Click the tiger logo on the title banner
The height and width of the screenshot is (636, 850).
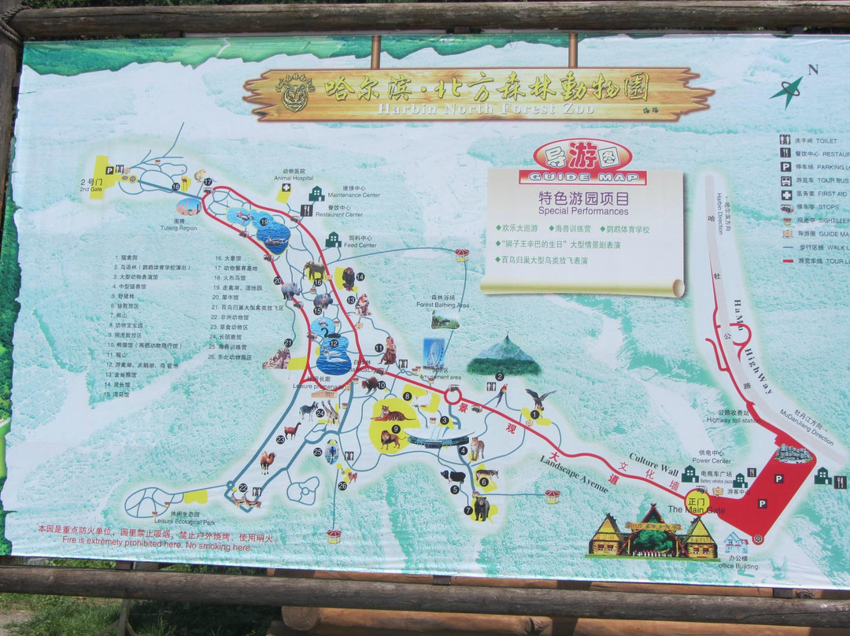[x=295, y=94]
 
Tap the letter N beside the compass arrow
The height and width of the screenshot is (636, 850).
[x=813, y=69]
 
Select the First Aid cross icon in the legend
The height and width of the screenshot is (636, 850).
[x=785, y=194]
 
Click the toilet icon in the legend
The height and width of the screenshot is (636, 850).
[x=785, y=140]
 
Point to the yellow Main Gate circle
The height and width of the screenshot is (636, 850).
[x=697, y=501]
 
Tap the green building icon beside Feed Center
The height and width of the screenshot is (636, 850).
[x=333, y=239]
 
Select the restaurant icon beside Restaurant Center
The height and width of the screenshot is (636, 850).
[x=306, y=210]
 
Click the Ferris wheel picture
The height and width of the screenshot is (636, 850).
[x=434, y=352]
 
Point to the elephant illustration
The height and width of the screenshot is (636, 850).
[x=315, y=271]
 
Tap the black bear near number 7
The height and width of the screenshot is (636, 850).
[x=481, y=507]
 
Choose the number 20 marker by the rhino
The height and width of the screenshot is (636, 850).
[x=278, y=280]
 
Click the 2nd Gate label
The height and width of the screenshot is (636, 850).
[x=91, y=185]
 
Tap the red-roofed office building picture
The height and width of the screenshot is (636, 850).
[x=735, y=542]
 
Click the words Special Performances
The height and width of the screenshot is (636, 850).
[x=583, y=211]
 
